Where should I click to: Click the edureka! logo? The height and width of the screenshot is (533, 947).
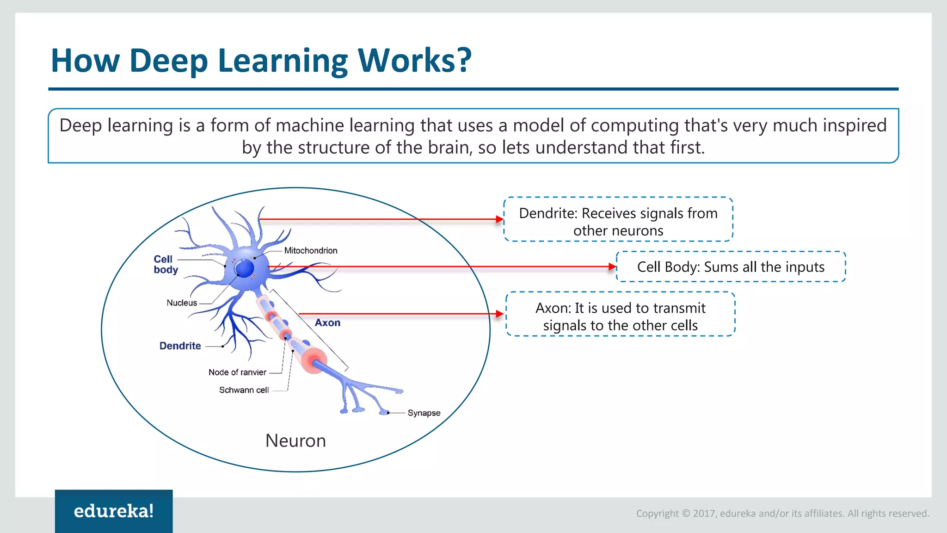point(114,511)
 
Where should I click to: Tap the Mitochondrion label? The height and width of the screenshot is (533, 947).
point(310,250)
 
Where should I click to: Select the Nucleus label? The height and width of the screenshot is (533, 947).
point(182,303)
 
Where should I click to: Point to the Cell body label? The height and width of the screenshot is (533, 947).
point(165,264)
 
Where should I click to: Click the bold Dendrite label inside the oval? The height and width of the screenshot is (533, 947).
point(180,346)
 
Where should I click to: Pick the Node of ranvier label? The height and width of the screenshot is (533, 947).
point(237,372)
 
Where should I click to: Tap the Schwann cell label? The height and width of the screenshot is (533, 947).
point(244,390)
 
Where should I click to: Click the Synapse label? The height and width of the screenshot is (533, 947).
point(424,413)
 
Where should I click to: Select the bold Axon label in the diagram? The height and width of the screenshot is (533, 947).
point(327,322)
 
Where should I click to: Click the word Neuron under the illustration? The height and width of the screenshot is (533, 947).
point(295,440)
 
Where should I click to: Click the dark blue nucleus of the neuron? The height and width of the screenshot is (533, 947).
point(244,268)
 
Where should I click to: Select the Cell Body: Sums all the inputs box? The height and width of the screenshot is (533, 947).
point(731,267)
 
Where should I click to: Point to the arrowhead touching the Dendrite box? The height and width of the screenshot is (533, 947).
point(499,219)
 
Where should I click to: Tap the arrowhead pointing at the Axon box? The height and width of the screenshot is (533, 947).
point(499,314)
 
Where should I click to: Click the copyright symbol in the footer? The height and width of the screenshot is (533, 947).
point(686,514)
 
